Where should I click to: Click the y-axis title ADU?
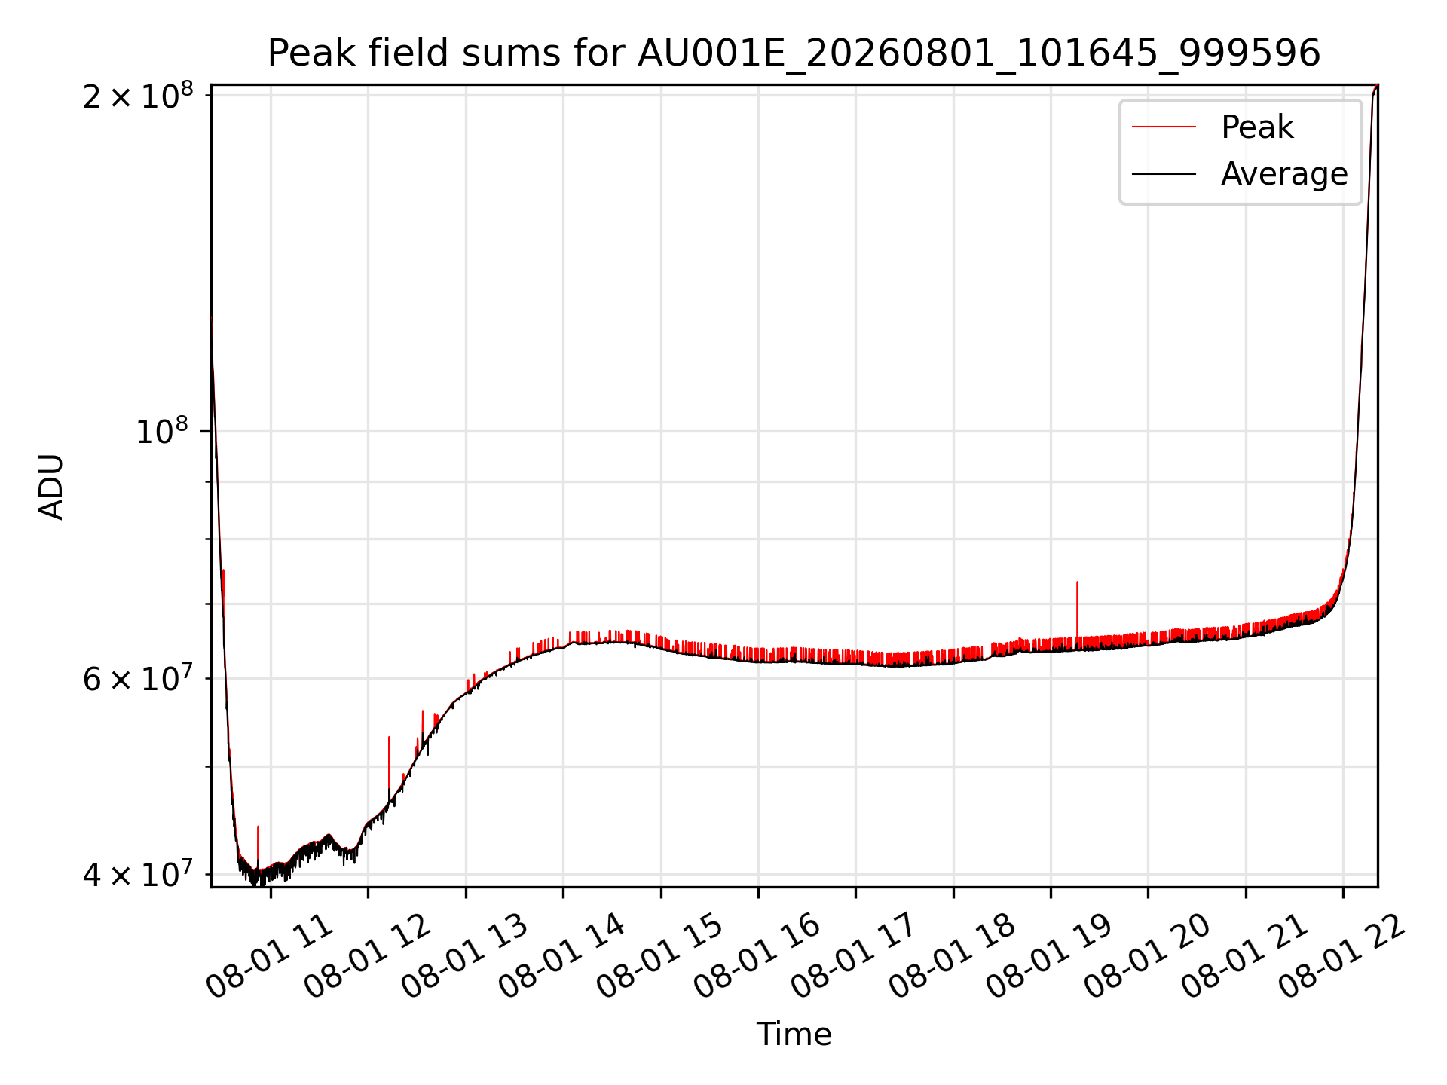click(51, 486)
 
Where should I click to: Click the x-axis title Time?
click(794, 1035)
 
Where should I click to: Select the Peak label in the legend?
click(1257, 127)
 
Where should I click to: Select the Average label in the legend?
click(1284, 174)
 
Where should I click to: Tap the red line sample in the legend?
click(1164, 127)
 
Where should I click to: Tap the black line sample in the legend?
click(1164, 174)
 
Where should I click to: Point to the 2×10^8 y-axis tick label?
click(138, 96)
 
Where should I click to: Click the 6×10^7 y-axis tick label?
click(138, 679)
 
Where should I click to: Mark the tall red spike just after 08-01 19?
click(1077, 610)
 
